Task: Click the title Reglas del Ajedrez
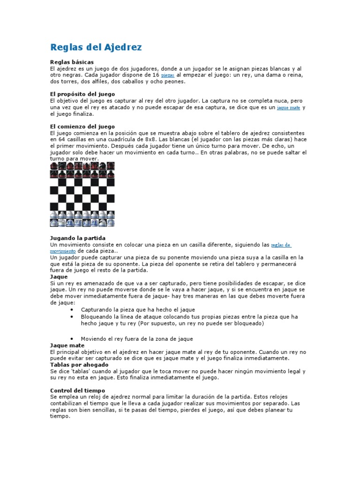96,47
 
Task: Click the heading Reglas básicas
72,62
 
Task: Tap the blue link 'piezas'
167,75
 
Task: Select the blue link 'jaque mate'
288,107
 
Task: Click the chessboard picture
82,194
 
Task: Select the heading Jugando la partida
78,238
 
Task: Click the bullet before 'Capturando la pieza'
71,310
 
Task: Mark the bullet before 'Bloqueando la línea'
71,317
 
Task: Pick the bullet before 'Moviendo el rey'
71,338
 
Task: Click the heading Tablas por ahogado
79,364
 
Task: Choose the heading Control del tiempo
77,390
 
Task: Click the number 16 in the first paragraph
153,75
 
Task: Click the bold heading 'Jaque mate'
67,345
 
